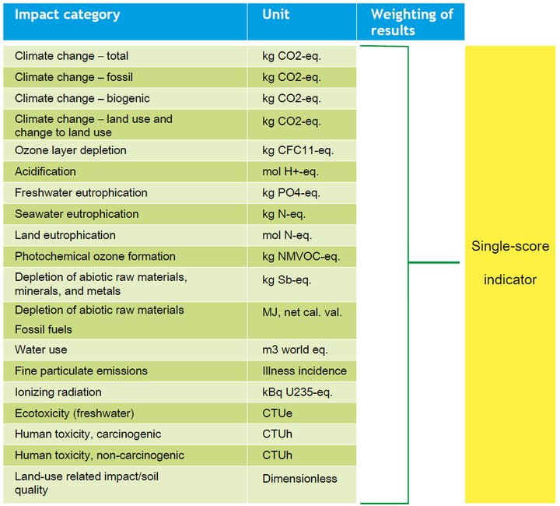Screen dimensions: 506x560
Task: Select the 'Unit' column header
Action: (276, 15)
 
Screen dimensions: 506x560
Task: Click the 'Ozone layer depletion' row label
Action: (70, 150)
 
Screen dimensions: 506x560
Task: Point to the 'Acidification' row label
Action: (45, 171)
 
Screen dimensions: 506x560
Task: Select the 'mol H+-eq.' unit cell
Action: (290, 171)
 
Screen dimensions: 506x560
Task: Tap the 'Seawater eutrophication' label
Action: (76, 214)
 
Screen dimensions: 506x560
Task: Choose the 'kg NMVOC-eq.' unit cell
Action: (300, 256)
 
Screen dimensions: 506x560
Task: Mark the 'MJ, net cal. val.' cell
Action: (302, 312)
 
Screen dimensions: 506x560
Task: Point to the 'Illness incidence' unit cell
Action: (304, 371)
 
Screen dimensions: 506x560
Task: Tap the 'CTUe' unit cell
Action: (276, 413)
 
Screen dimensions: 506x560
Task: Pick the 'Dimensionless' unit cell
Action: (299, 477)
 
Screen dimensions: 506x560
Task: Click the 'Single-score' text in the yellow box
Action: (510, 246)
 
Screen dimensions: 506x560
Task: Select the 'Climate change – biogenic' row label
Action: (82, 98)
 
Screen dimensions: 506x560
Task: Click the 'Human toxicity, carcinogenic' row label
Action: (88, 434)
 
